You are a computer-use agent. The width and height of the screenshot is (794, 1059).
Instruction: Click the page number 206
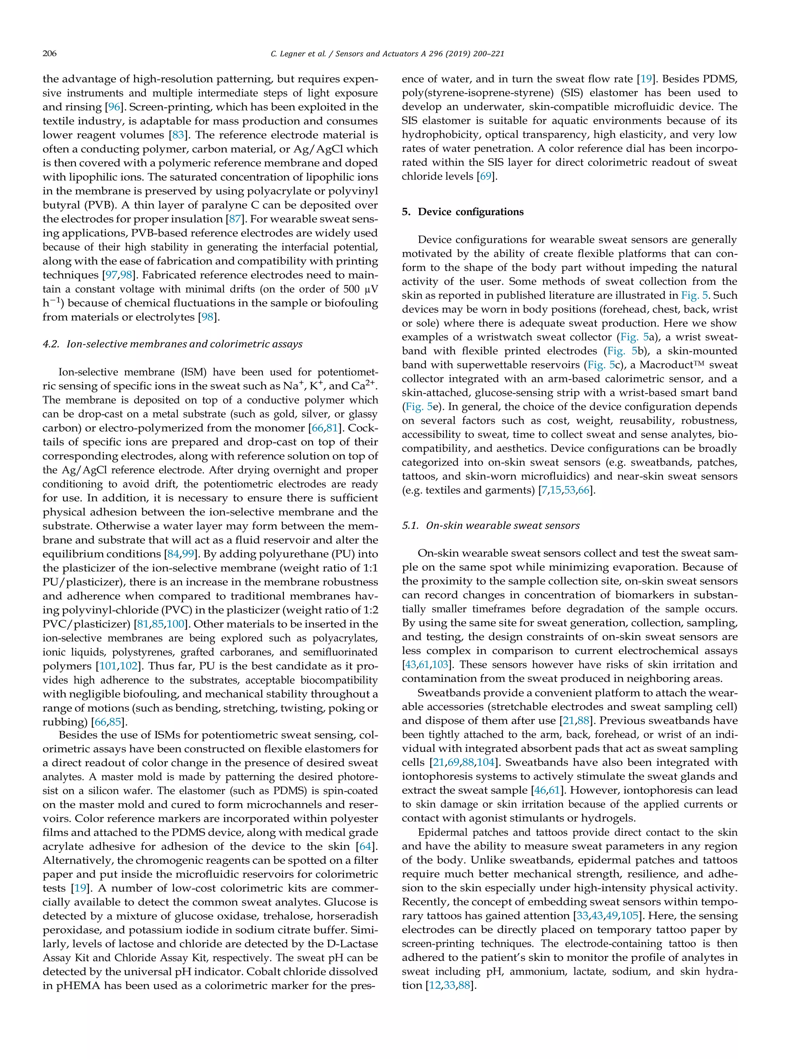pos(50,54)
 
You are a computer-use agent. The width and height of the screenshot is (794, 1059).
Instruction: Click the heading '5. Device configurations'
pos(463,212)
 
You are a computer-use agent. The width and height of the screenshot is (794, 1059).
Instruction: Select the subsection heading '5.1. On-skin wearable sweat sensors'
pos(490,525)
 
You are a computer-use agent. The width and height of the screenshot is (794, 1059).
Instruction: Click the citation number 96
pos(114,107)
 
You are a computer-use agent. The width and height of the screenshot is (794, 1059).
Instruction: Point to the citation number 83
pos(178,135)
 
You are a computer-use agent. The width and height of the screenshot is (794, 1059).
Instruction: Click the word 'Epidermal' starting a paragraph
pos(443,832)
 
